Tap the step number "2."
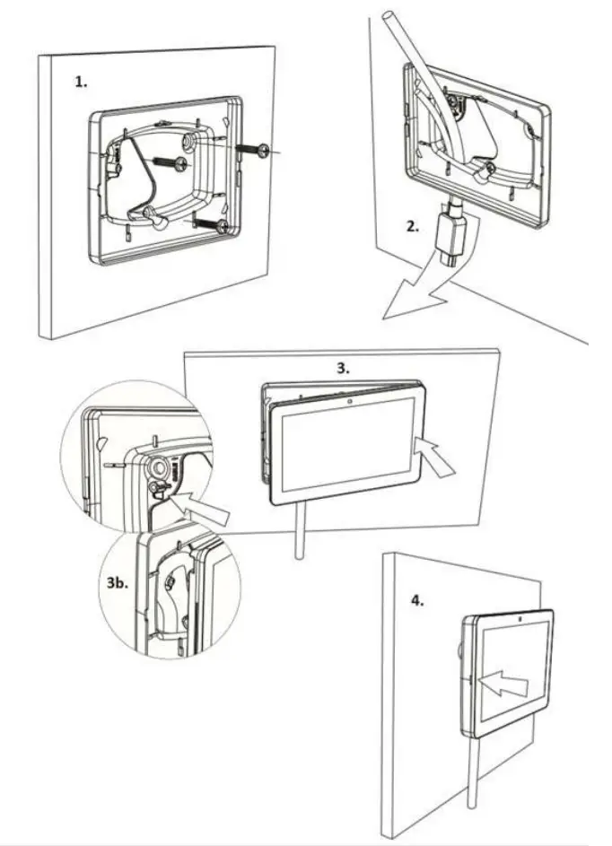click(412, 226)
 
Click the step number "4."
click(417, 600)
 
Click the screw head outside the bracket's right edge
click(260, 151)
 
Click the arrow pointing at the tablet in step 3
click(438, 457)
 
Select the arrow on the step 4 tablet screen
click(503, 682)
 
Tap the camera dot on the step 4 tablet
click(520, 620)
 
